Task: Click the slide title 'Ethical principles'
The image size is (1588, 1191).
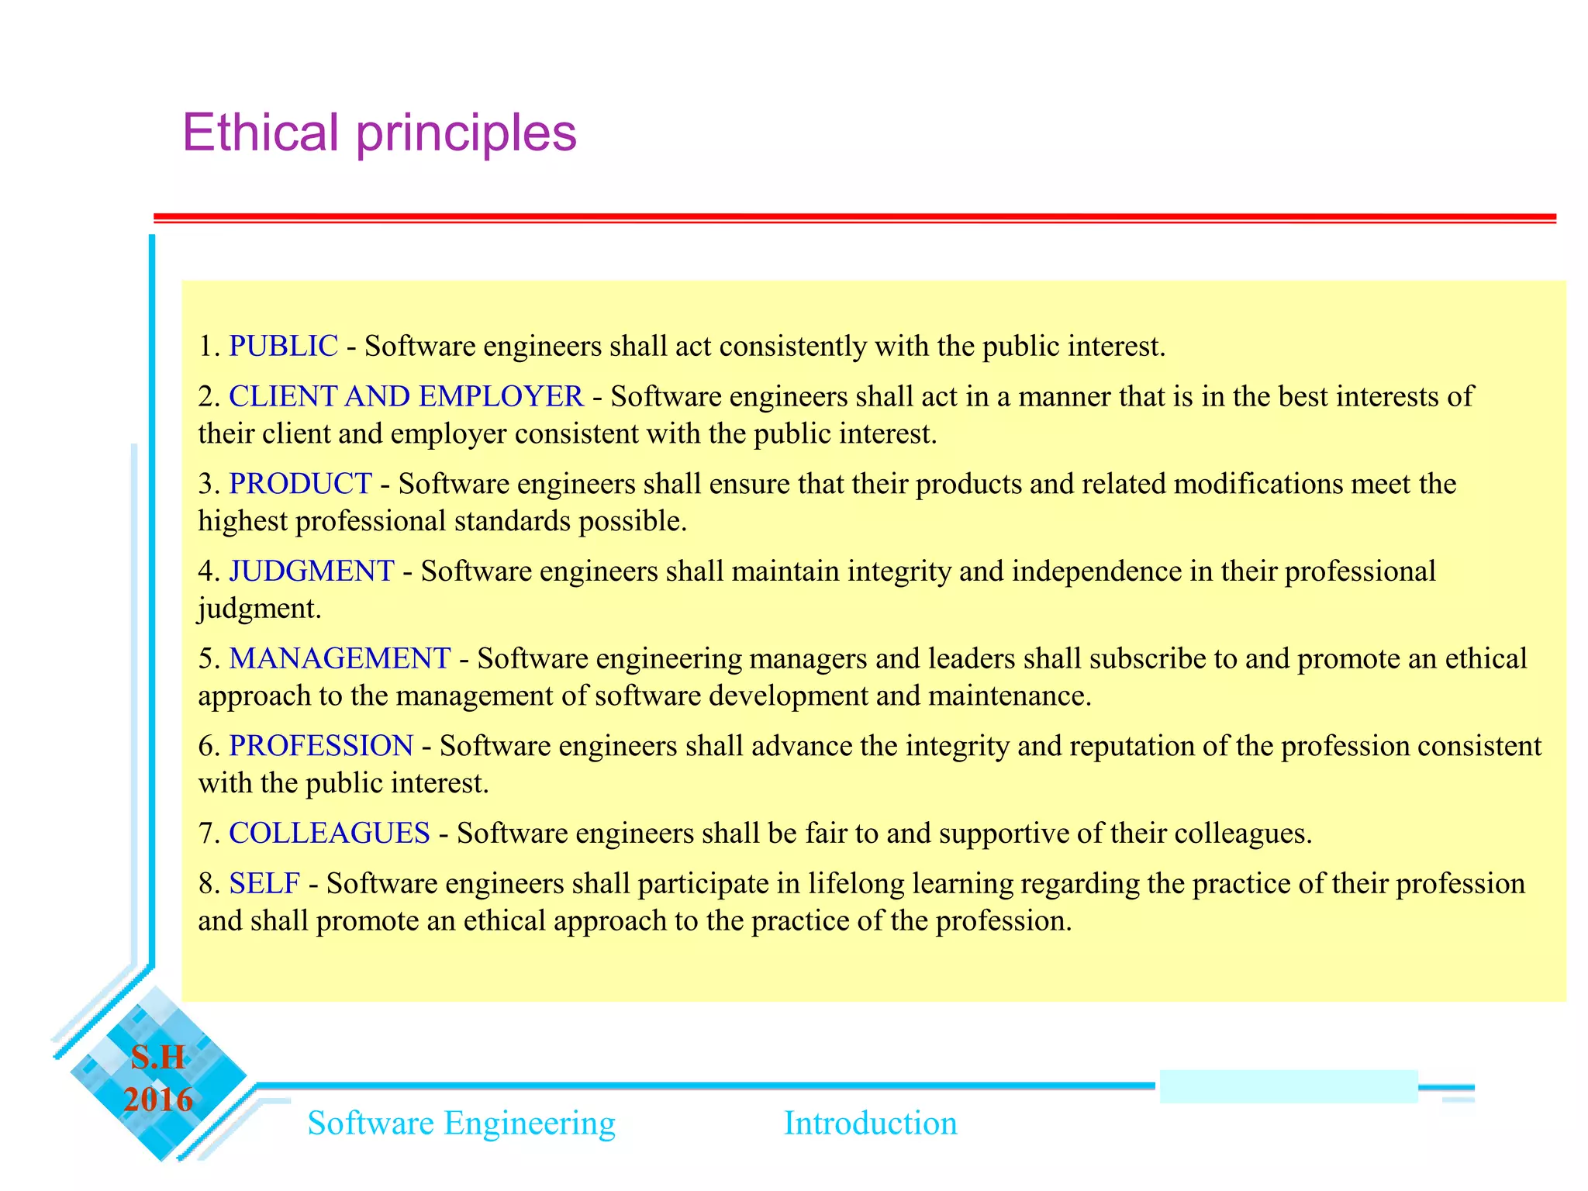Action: (379, 133)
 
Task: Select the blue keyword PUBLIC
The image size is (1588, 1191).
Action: (283, 346)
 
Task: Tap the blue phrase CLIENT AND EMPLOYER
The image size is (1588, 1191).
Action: (406, 396)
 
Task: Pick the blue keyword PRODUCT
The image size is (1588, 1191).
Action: (300, 484)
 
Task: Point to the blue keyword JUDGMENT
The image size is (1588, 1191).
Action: (311, 571)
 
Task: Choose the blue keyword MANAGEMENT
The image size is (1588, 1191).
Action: (339, 658)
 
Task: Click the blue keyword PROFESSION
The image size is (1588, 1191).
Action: (320, 746)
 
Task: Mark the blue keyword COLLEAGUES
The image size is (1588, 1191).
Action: (329, 833)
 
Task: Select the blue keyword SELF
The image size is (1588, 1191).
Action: (264, 883)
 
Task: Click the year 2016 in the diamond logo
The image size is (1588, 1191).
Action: (158, 1100)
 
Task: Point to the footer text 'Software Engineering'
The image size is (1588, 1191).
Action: (461, 1123)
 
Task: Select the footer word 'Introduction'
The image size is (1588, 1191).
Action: (870, 1123)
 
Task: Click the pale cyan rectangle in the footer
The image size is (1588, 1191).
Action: (1288, 1086)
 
